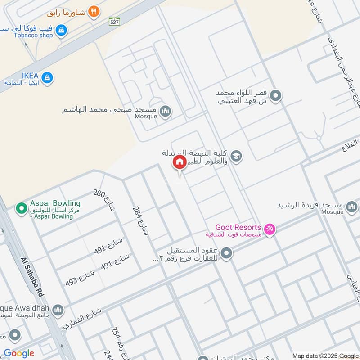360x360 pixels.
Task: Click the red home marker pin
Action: tap(179, 162)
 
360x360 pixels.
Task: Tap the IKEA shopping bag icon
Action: tap(47, 78)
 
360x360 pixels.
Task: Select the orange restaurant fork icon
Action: tap(94, 12)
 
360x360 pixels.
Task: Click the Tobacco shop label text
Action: tap(33, 35)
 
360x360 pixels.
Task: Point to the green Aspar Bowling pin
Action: tap(21, 208)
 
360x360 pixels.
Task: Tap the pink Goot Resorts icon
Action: tap(270, 229)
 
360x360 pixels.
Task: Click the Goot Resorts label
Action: tap(238, 227)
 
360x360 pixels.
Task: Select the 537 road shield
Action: tap(115, 21)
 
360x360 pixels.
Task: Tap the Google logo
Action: tap(19, 353)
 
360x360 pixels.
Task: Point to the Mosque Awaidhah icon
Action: tap(58, 310)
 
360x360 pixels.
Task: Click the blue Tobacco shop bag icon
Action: tap(62, 31)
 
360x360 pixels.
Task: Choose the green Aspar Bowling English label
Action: tap(55, 203)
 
